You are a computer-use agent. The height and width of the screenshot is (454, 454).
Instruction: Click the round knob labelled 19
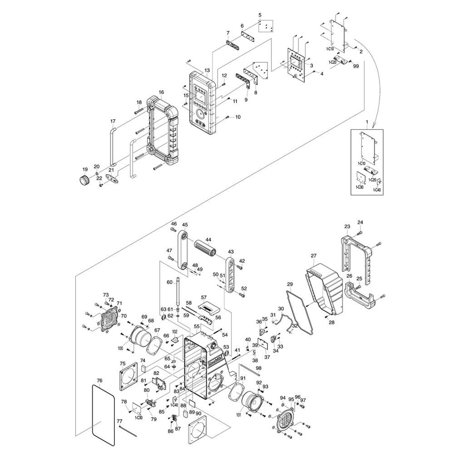pos(83,179)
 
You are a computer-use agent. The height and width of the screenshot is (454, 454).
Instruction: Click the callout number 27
pos(313,256)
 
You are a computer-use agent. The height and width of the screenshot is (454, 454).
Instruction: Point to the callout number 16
pos(161,93)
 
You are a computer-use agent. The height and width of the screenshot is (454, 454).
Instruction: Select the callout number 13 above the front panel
pos(207,71)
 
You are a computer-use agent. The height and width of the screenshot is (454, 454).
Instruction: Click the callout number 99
pos(355,66)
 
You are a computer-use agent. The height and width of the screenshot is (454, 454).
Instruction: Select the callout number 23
pos(347,227)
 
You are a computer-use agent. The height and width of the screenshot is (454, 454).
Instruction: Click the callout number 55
pos(197,326)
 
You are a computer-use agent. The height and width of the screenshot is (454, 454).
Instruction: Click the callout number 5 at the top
pos(260,15)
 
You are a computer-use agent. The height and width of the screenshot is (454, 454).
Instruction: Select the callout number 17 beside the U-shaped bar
pos(113,121)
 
